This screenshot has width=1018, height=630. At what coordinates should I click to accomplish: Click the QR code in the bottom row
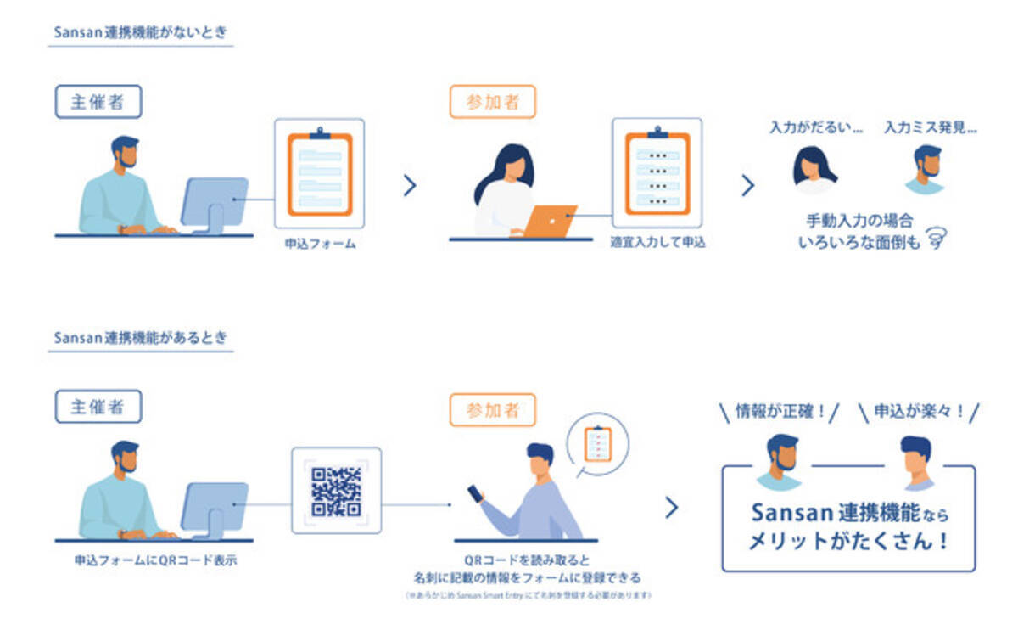click(336, 491)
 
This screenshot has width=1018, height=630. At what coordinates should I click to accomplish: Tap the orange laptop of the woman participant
click(550, 221)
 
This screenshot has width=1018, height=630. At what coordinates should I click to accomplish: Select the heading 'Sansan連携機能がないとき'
click(140, 32)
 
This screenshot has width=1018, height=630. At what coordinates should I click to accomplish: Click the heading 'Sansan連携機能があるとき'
click(140, 338)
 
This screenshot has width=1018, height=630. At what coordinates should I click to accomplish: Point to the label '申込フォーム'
click(320, 244)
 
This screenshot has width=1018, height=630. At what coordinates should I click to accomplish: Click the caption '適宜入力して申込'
click(657, 242)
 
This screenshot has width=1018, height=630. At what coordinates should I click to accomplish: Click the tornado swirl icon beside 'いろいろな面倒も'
click(937, 239)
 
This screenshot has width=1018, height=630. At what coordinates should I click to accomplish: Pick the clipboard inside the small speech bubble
click(599, 442)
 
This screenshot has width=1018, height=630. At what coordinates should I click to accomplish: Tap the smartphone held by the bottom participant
click(476, 492)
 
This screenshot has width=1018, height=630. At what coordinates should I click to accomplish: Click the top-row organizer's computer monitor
click(215, 200)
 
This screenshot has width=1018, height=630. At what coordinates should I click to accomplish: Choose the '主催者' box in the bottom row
click(98, 407)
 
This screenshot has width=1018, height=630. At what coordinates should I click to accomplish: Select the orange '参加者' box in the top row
click(492, 102)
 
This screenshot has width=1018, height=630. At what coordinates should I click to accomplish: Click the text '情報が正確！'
click(780, 412)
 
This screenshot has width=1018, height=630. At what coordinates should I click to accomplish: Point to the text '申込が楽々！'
click(919, 412)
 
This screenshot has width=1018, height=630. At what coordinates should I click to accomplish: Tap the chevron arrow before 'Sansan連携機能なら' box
click(672, 508)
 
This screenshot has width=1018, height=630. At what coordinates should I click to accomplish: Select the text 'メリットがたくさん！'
click(848, 542)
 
